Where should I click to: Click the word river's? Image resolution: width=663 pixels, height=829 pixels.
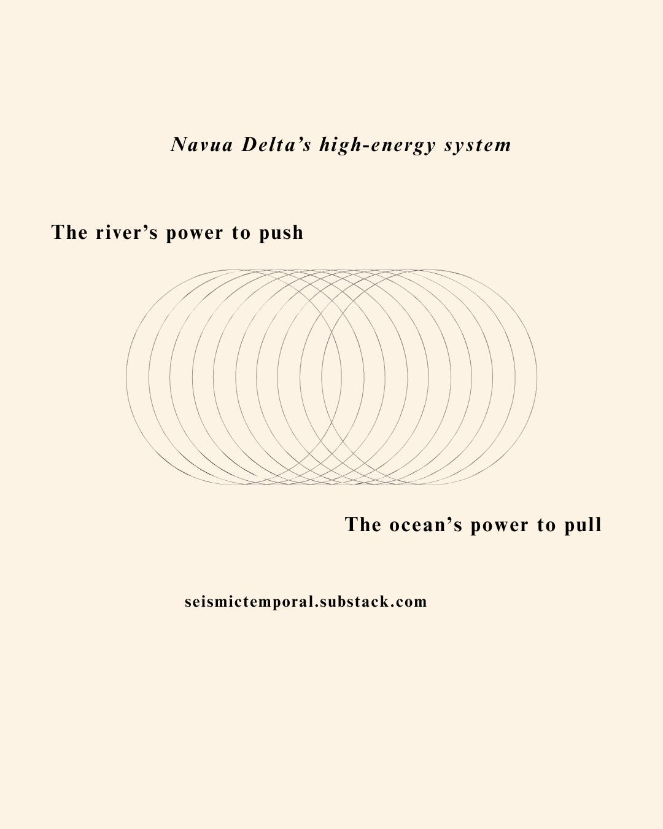126,233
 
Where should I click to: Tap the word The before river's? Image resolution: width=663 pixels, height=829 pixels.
69,232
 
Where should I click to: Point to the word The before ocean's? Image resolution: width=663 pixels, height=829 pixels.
363,524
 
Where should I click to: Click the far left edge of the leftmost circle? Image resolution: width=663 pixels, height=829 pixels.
126,377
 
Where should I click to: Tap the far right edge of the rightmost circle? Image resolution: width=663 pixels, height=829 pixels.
537,377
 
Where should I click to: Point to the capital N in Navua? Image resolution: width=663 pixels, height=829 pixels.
179,145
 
